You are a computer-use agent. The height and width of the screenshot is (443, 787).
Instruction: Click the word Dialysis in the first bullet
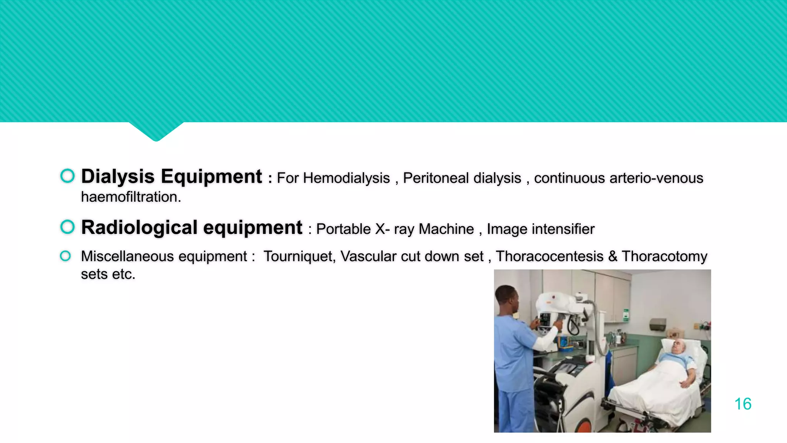(x=118, y=177)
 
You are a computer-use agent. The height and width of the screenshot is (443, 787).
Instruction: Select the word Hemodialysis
(x=346, y=178)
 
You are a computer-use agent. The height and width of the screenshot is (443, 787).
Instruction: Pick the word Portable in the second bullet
(x=343, y=229)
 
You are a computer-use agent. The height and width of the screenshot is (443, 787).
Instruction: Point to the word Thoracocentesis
(x=550, y=256)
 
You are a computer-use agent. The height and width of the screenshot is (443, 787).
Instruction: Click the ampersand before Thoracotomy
(x=613, y=256)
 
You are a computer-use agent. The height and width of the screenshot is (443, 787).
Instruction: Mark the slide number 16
(x=742, y=404)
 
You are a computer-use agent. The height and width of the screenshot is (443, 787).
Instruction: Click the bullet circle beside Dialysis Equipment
(x=68, y=176)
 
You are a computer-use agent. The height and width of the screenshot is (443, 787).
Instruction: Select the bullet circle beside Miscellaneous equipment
(x=65, y=256)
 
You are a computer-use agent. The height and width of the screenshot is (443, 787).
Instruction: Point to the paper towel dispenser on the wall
(x=658, y=324)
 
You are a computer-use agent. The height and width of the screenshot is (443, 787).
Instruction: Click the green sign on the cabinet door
(x=626, y=315)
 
